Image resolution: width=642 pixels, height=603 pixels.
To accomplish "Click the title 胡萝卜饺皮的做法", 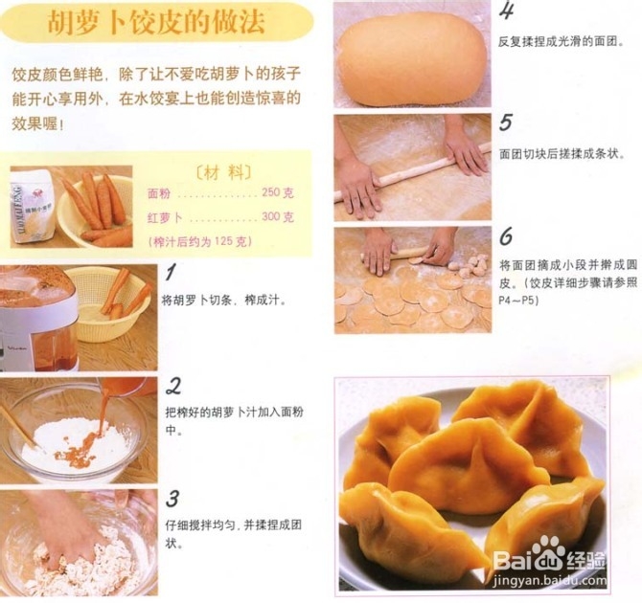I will tap(157, 23).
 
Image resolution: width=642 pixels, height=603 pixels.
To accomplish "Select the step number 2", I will tap(174, 386).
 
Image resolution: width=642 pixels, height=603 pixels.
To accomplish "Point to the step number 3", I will tap(172, 498).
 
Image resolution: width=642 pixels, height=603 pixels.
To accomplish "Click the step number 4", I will tap(507, 11).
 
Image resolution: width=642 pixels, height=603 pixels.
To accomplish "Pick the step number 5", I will tap(506, 122).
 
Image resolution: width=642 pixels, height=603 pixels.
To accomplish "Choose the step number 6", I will tap(506, 235).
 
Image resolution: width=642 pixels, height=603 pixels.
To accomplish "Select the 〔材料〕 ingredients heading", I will tap(222, 170).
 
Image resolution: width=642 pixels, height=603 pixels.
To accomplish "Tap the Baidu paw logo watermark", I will tap(547, 552).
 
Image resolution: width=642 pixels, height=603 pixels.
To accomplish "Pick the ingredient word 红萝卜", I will tap(164, 217).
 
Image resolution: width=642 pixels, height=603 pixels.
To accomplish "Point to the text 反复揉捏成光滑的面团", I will tap(562, 42).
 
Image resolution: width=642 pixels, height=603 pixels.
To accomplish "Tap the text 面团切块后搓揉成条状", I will tap(562, 153).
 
